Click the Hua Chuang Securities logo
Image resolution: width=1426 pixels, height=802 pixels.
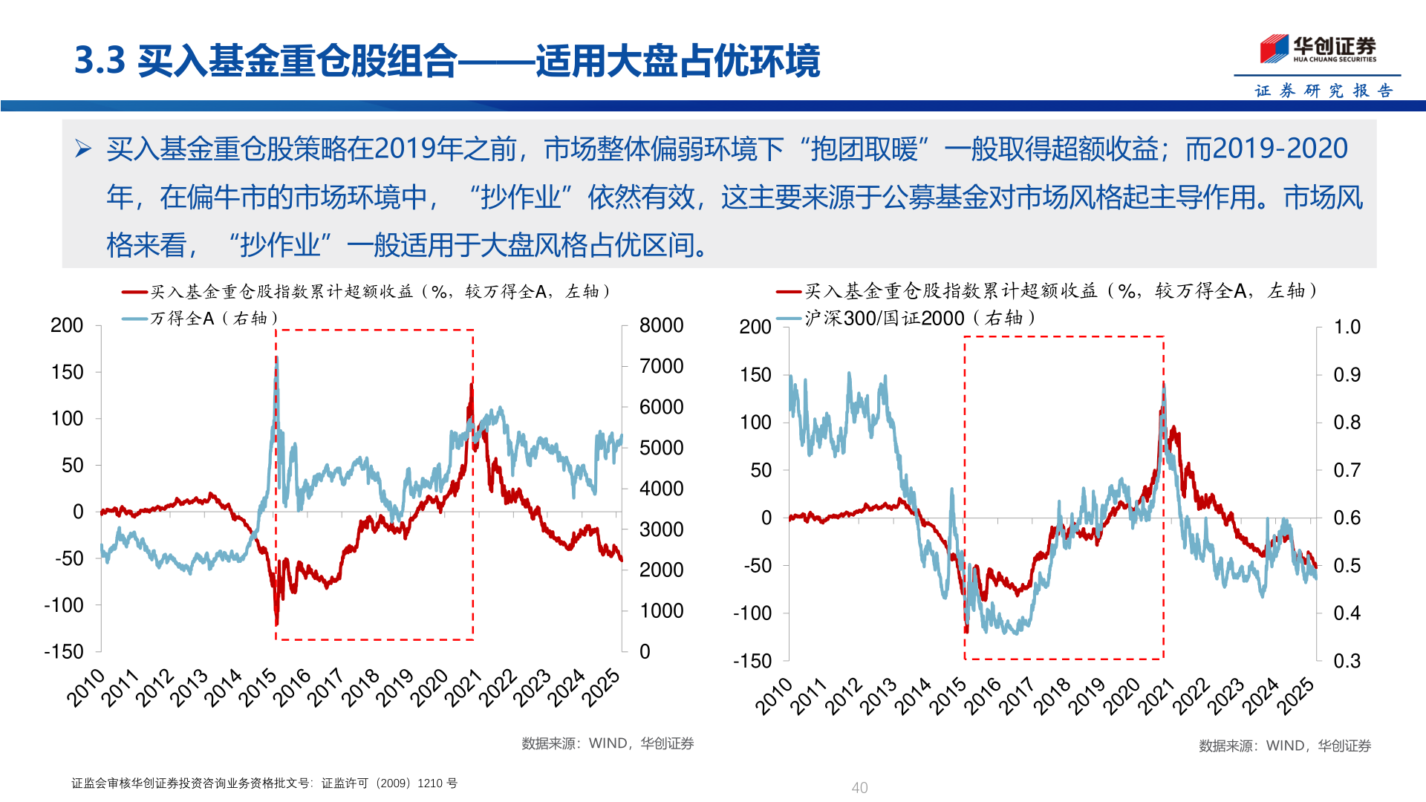(1318, 49)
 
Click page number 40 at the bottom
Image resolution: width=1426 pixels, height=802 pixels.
(859, 787)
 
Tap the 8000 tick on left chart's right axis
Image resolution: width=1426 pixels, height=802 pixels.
(661, 325)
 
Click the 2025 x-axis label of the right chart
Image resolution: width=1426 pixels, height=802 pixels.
(1295, 696)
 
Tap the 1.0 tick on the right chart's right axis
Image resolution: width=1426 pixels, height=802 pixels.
(1347, 327)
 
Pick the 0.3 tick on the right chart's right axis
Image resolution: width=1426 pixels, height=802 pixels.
(1347, 661)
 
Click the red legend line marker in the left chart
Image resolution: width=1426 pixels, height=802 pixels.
(135, 292)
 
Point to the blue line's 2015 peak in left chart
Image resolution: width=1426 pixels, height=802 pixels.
(276, 359)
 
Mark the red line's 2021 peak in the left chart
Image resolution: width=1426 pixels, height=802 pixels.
(472, 385)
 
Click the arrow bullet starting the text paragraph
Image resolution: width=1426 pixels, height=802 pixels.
(82, 149)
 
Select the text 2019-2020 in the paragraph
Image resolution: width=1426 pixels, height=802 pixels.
(1266, 149)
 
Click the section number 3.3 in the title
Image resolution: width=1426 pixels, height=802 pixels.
(100, 60)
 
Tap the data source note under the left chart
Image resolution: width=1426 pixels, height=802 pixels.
(607, 743)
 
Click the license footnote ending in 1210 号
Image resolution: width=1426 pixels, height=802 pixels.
(264, 783)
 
